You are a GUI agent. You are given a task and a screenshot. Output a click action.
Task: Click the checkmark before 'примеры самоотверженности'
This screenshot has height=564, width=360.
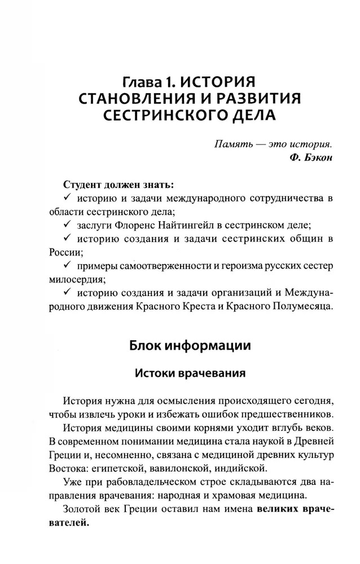67,265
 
